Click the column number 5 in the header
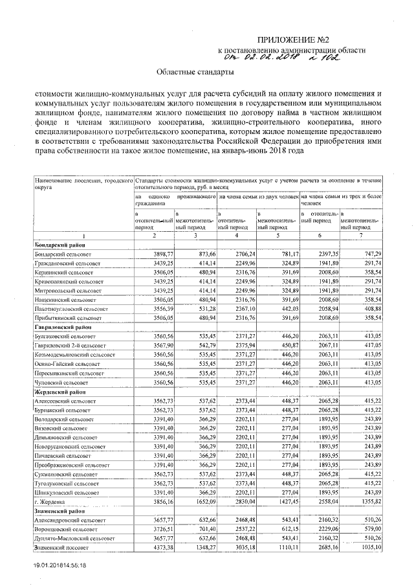(x=278, y=237)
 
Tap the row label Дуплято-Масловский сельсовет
(x=77, y=538)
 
